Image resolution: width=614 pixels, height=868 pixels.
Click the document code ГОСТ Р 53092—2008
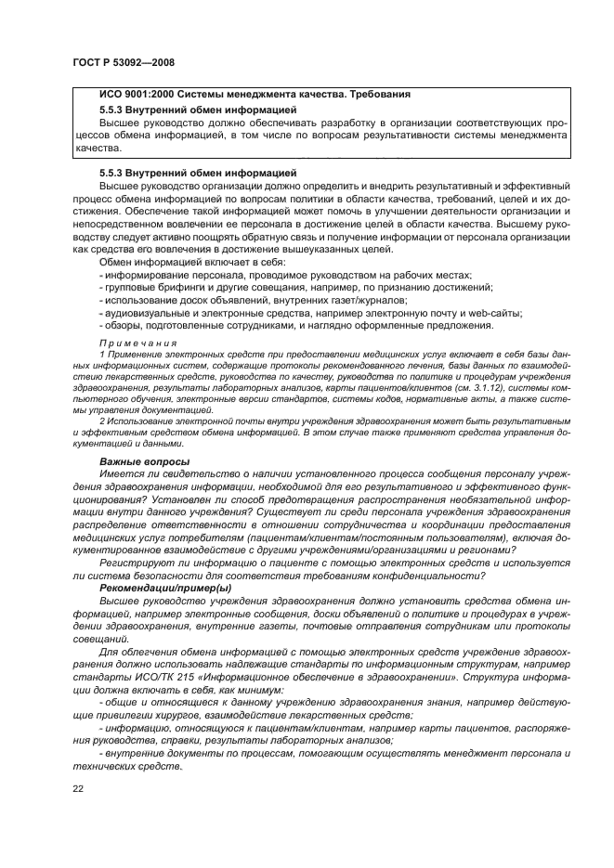coord(123,62)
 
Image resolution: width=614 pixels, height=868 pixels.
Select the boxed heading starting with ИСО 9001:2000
coord(254,95)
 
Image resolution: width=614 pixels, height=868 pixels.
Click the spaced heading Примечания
coord(137,343)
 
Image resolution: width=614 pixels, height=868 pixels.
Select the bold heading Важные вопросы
coord(144,461)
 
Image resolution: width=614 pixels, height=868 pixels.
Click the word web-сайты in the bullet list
coord(494,313)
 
